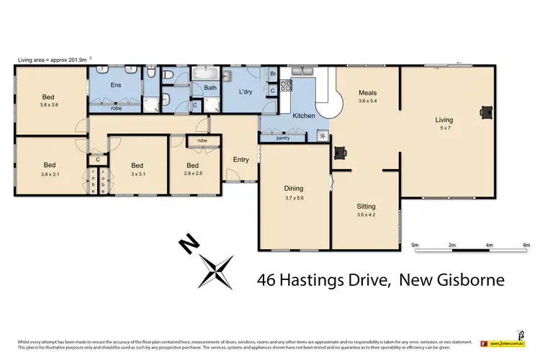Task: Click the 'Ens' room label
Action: pyautogui.click(x=115, y=85)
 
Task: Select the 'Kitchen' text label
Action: pyautogui.click(x=303, y=115)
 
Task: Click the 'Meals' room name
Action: pyautogui.click(x=368, y=93)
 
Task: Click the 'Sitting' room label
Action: pyautogui.click(x=366, y=205)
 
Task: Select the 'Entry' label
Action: pyautogui.click(x=240, y=159)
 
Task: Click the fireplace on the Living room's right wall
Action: pyautogui.click(x=487, y=112)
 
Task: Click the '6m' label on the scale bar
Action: pyautogui.click(x=526, y=245)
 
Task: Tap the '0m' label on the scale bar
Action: pyautogui.click(x=415, y=245)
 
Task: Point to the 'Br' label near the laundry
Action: pyautogui.click(x=273, y=74)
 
